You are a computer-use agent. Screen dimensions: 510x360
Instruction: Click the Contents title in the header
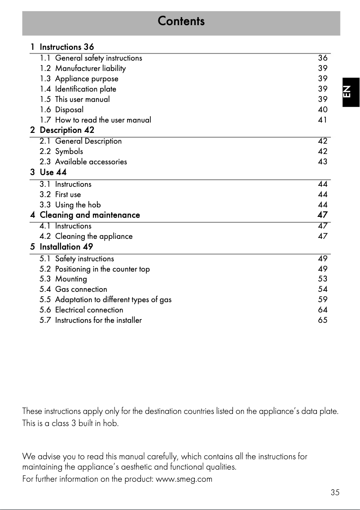(x=181, y=21)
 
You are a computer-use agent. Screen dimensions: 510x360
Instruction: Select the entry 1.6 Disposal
(x=61, y=110)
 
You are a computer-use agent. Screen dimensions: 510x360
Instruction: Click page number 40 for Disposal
(x=322, y=110)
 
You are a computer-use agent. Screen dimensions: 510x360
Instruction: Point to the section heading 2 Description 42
(x=62, y=130)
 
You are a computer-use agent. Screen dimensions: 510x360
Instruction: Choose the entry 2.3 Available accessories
(x=83, y=162)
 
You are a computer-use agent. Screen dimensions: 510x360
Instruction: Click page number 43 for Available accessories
(x=322, y=162)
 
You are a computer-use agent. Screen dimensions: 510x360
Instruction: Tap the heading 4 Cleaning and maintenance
(x=85, y=215)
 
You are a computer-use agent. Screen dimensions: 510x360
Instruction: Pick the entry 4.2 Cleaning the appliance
(x=86, y=236)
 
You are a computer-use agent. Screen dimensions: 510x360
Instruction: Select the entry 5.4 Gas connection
(x=73, y=289)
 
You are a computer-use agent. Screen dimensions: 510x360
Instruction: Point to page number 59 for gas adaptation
(x=322, y=299)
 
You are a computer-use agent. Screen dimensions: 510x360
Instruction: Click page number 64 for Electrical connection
(x=322, y=310)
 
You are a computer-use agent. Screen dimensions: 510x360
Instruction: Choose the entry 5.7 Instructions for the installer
(x=91, y=320)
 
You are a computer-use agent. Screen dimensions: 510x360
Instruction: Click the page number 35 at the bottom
(x=335, y=492)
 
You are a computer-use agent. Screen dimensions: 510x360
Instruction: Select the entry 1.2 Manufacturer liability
(x=83, y=68)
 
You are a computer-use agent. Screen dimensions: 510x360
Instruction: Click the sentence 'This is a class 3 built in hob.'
(x=70, y=423)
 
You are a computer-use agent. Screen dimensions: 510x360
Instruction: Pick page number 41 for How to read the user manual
(x=322, y=120)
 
